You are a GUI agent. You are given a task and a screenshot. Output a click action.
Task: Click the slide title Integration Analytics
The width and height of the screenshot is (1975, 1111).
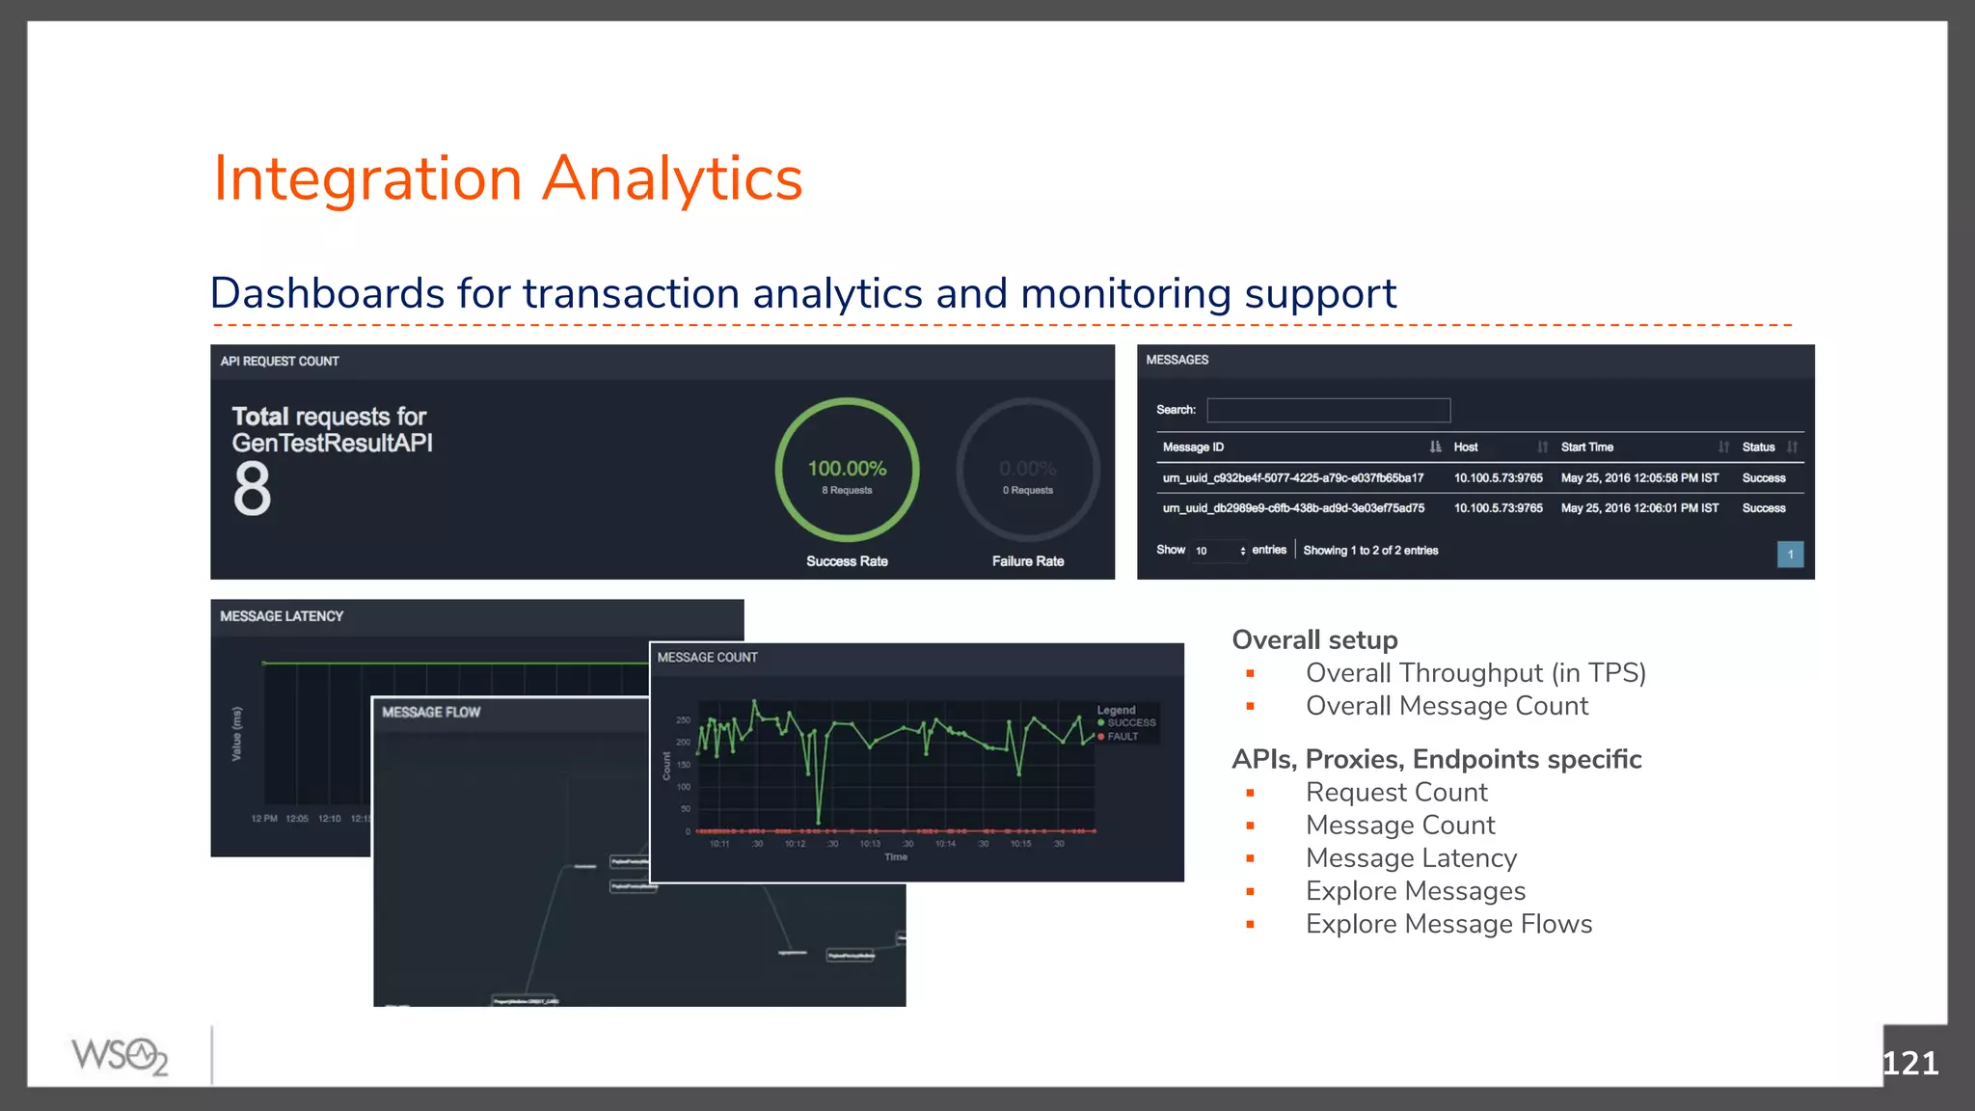pyautogui.click(x=507, y=178)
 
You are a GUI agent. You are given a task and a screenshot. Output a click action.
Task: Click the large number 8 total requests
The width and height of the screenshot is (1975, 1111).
pyautogui.click(x=252, y=488)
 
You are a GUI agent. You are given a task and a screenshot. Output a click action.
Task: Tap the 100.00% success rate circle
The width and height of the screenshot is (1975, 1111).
pyautogui.click(x=847, y=470)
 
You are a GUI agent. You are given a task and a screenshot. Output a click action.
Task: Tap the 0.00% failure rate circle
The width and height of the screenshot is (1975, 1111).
pyautogui.click(x=1027, y=470)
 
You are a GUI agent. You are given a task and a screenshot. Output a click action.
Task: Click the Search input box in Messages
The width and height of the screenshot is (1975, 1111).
pyautogui.click(x=1328, y=410)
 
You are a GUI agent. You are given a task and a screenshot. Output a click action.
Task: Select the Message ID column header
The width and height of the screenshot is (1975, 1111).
pyautogui.click(x=1193, y=447)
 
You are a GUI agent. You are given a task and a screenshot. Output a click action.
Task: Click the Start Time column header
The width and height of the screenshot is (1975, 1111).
pyautogui.click(x=1586, y=447)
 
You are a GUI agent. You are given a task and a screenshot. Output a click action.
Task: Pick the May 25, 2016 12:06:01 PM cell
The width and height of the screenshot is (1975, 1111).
pyautogui.click(x=1639, y=508)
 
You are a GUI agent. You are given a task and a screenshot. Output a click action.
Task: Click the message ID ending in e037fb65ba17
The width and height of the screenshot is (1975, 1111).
pyautogui.click(x=1292, y=478)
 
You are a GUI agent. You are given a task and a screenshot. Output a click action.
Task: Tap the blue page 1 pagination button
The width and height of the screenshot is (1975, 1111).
pyautogui.click(x=1790, y=554)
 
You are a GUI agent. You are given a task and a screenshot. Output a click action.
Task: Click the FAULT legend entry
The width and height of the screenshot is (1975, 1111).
pyautogui.click(x=1122, y=736)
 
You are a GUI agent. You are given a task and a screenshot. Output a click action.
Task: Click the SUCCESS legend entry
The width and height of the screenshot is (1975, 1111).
pyautogui.click(x=1130, y=722)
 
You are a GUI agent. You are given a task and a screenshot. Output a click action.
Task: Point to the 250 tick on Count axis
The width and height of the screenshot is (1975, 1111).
pyautogui.click(x=683, y=720)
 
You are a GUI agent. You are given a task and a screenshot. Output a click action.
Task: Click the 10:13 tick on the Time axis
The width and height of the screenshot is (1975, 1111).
pyautogui.click(x=870, y=844)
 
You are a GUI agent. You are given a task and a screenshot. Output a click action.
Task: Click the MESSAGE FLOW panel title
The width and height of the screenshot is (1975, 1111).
pyautogui.click(x=431, y=712)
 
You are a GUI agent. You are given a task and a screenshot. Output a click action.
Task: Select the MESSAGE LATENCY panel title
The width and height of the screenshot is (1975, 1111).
pyautogui.click(x=282, y=616)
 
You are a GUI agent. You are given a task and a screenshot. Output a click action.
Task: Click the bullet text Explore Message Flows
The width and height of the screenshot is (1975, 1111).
pyautogui.click(x=1448, y=924)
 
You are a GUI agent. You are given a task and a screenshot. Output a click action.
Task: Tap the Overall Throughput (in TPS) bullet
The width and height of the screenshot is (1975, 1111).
pyautogui.click(x=1475, y=673)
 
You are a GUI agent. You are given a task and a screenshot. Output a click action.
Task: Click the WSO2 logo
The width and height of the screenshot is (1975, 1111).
pyautogui.click(x=120, y=1056)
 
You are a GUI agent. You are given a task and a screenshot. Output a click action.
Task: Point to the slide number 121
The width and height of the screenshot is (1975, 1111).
pyautogui.click(x=1909, y=1063)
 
